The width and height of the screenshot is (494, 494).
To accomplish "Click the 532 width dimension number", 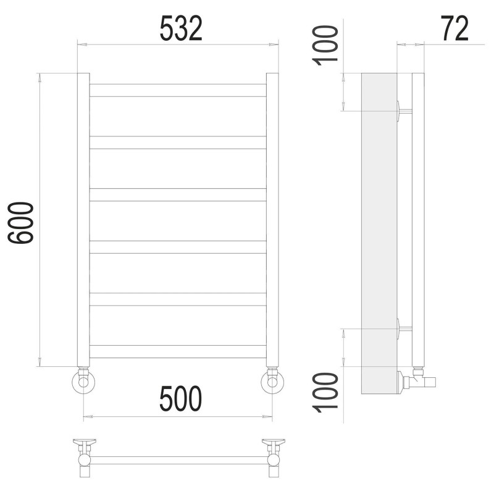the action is click(x=181, y=29).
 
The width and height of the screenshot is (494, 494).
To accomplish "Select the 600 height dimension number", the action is click(x=20, y=223).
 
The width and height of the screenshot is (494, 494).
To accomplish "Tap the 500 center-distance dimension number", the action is click(x=180, y=399).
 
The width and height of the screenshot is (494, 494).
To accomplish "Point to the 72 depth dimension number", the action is click(x=454, y=28).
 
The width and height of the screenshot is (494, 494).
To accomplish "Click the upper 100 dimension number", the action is click(x=325, y=45).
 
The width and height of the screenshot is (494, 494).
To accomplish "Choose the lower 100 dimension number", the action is click(x=325, y=393).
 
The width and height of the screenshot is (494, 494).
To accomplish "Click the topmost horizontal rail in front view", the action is click(x=178, y=90).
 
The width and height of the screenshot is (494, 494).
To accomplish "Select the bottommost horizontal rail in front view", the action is click(x=178, y=351).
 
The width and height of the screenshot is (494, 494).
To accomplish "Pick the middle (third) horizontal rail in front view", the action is click(x=178, y=195).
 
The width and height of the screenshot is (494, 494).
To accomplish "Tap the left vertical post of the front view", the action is click(x=83, y=220).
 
